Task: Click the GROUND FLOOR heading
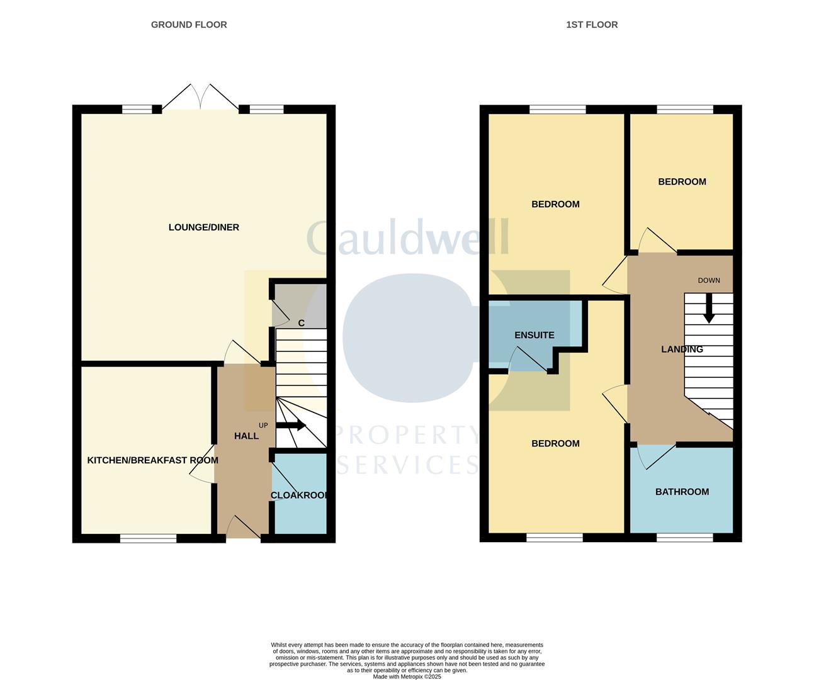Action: (x=189, y=25)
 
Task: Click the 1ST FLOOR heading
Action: (x=592, y=25)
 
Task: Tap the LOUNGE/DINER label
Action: (x=203, y=227)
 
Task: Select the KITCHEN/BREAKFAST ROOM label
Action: (x=152, y=460)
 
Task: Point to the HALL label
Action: (x=246, y=436)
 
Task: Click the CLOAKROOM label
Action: (x=300, y=496)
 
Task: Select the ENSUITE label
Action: (x=534, y=335)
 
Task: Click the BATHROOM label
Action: (x=682, y=492)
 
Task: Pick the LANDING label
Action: (x=682, y=349)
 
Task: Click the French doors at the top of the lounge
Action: (x=200, y=99)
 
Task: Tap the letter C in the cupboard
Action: (x=301, y=323)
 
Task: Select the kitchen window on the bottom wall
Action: (x=149, y=538)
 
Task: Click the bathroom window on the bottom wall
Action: (x=685, y=538)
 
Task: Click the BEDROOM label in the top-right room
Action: (x=682, y=182)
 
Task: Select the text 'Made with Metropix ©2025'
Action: (x=407, y=677)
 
